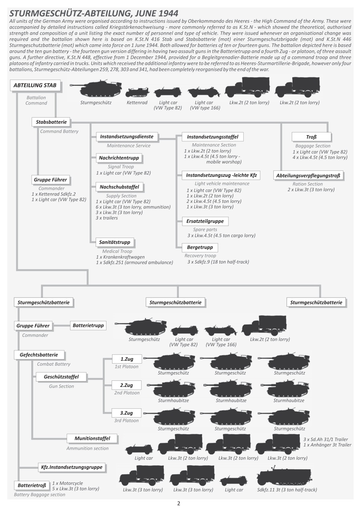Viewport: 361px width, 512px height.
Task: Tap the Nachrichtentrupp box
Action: (x=119, y=158)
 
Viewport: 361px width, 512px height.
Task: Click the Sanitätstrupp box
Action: (x=115, y=242)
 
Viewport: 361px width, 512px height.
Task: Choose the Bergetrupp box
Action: (x=200, y=247)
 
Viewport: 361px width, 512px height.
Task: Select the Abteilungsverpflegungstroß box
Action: (x=309, y=175)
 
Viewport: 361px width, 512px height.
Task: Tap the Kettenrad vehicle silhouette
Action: (x=137, y=93)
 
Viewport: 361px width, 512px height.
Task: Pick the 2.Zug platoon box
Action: (x=126, y=385)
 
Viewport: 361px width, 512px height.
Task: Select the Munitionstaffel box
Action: (x=92, y=438)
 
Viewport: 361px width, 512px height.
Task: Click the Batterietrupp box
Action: (x=88, y=326)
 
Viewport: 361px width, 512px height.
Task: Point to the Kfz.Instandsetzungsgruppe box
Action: (x=72, y=467)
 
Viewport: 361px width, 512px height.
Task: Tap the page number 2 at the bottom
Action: (x=178, y=504)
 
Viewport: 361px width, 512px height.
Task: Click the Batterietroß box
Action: (x=32, y=486)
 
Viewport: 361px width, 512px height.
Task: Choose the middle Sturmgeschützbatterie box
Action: (x=175, y=302)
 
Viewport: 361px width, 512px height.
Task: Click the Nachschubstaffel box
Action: (x=119, y=187)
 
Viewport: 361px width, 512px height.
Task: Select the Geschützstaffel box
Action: (x=61, y=377)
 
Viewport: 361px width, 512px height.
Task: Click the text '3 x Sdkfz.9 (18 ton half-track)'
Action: (x=218, y=262)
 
